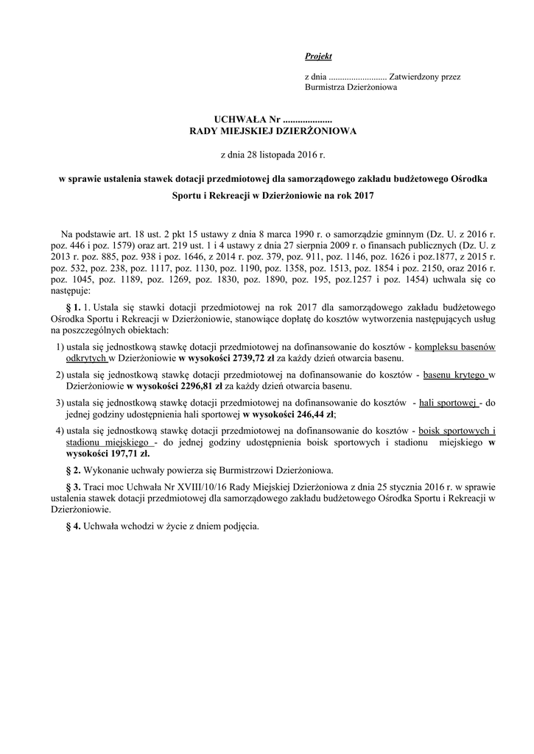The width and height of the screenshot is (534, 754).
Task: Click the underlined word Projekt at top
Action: click(318, 56)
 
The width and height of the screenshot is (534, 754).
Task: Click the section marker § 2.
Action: click(73, 470)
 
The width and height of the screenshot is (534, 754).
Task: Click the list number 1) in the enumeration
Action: click(60, 346)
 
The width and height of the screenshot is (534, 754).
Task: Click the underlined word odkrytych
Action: click(87, 359)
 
